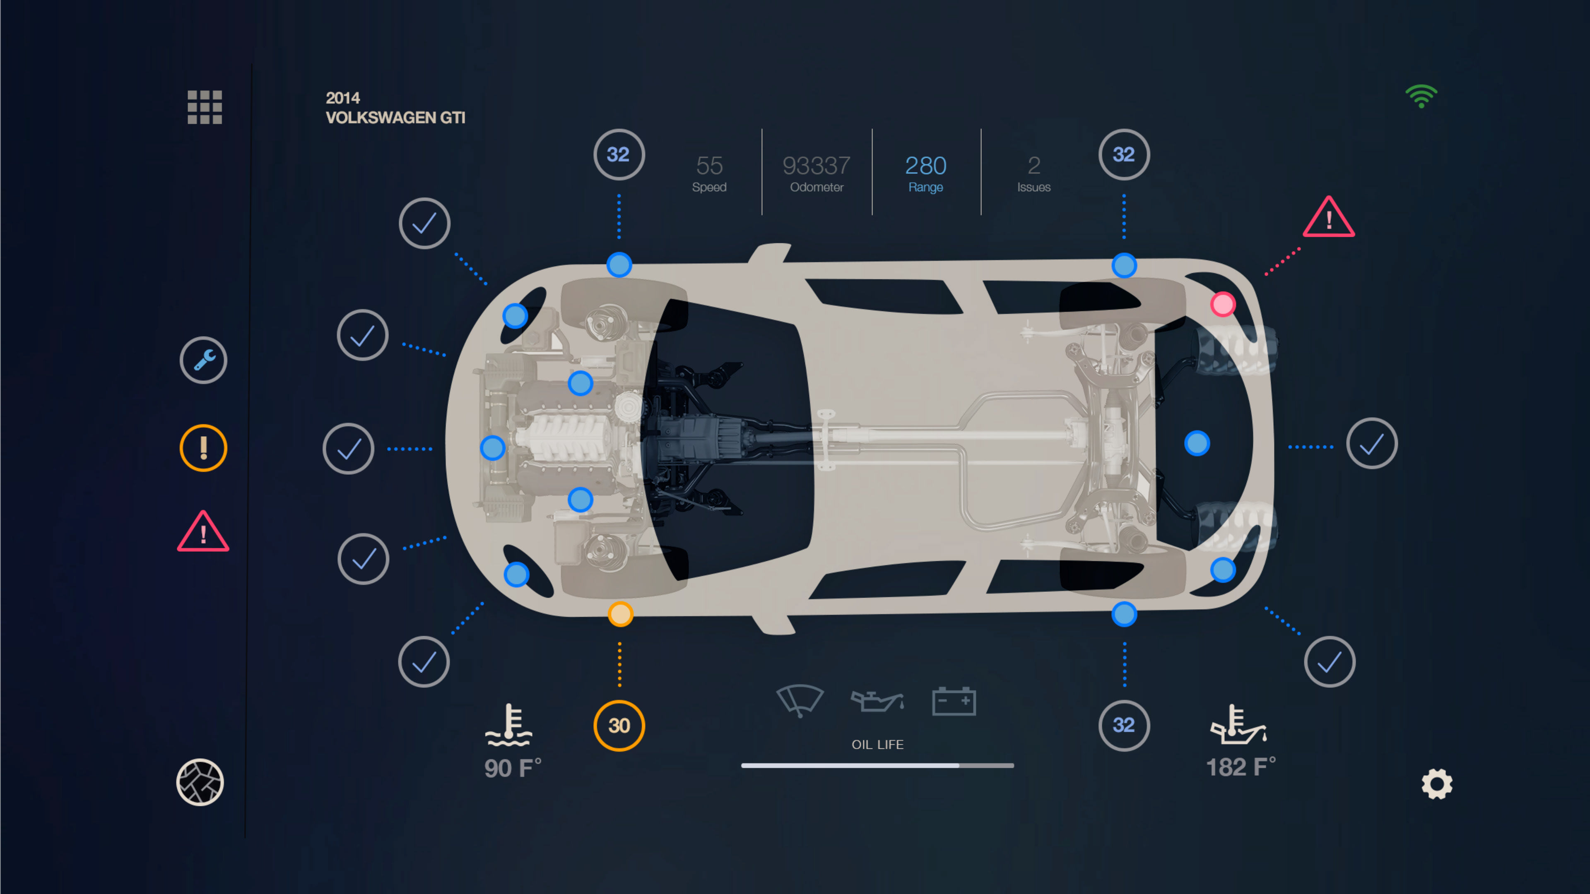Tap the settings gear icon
pyautogui.click(x=1437, y=784)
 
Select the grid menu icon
pyautogui.click(x=204, y=107)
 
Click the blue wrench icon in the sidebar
pyautogui.click(x=204, y=360)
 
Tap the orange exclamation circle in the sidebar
pyautogui.click(x=204, y=448)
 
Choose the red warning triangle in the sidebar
pyautogui.click(x=203, y=531)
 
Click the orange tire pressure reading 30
pyautogui.click(x=619, y=726)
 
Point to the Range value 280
pyautogui.click(x=925, y=166)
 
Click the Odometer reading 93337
pyautogui.click(x=816, y=166)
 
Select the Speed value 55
pyautogui.click(x=709, y=166)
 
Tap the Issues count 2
pyautogui.click(x=1034, y=166)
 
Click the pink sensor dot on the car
pyautogui.click(x=1223, y=304)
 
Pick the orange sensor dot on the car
pyautogui.click(x=620, y=614)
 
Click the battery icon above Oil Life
pyautogui.click(x=954, y=701)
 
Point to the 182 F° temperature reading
pyautogui.click(x=1241, y=767)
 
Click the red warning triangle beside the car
pyautogui.click(x=1329, y=217)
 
